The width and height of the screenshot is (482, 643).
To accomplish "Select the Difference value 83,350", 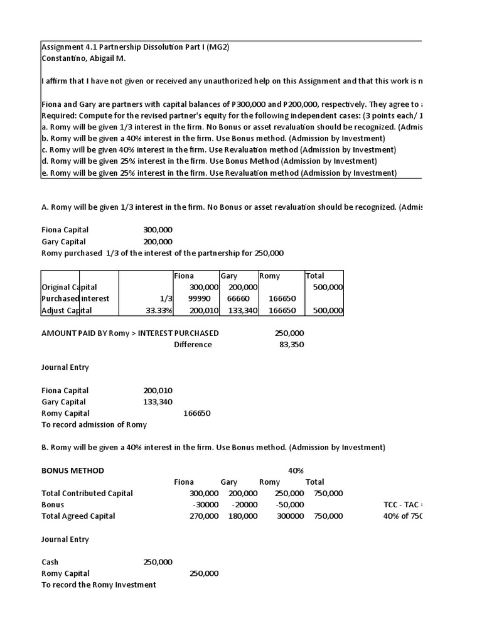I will pyautogui.click(x=291, y=344).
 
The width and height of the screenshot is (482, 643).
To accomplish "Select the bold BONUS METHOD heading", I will pyautogui.click(x=73, y=470).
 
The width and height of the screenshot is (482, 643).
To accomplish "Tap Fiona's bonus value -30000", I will pyautogui.click(x=205, y=504).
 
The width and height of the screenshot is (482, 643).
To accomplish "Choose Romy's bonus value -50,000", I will pyautogui.click(x=290, y=504).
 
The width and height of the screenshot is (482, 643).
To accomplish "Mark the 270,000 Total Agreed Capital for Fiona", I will pyautogui.click(x=204, y=516).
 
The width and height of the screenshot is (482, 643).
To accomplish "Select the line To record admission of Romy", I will pyautogui.click(x=94, y=424).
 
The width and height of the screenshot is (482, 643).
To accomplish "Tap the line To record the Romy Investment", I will pyautogui.click(x=99, y=585).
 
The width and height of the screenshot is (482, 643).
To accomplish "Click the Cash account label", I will pyautogui.click(x=50, y=562).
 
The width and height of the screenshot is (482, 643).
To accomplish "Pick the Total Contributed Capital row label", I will pyautogui.click(x=87, y=493).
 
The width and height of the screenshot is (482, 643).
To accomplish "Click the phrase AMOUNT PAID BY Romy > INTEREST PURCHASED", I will pyautogui.click(x=130, y=333).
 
